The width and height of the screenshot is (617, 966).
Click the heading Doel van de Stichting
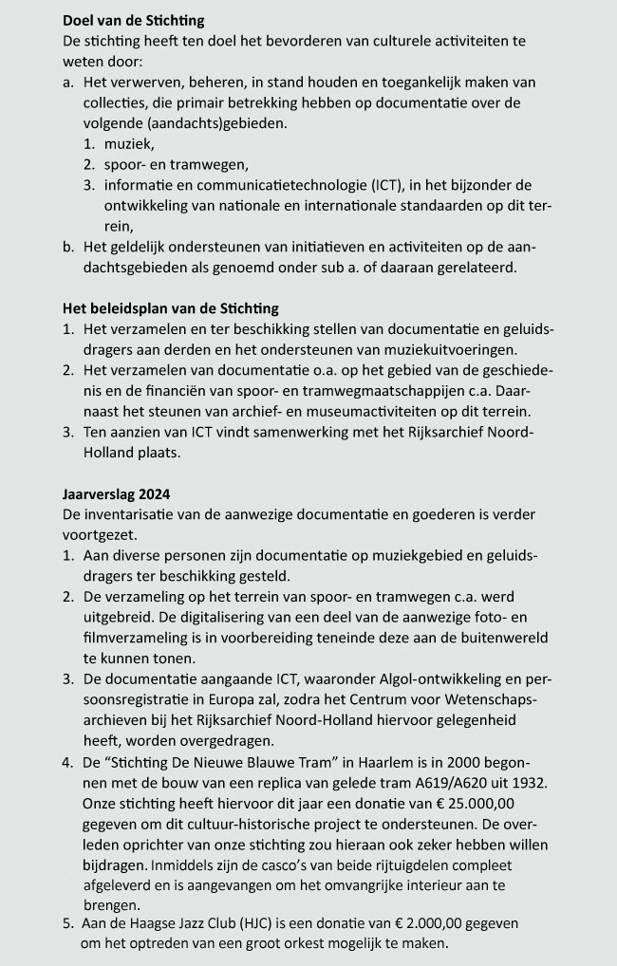[133, 20]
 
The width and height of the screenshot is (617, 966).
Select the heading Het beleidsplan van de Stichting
[171, 308]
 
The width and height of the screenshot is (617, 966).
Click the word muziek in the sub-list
[128, 143]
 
